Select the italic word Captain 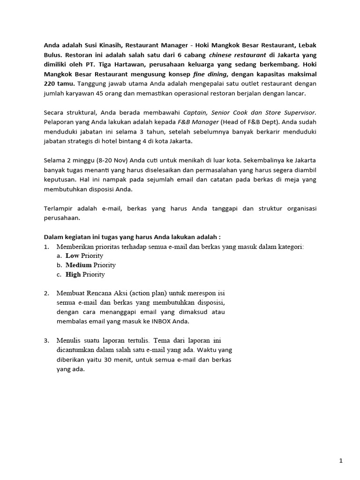tap(197, 112)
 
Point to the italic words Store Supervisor tap(293, 112)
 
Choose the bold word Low tap(72, 255)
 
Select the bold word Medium tap(78, 265)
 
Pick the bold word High tap(73, 274)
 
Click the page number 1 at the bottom tap(341, 461)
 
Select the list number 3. tap(46, 341)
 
